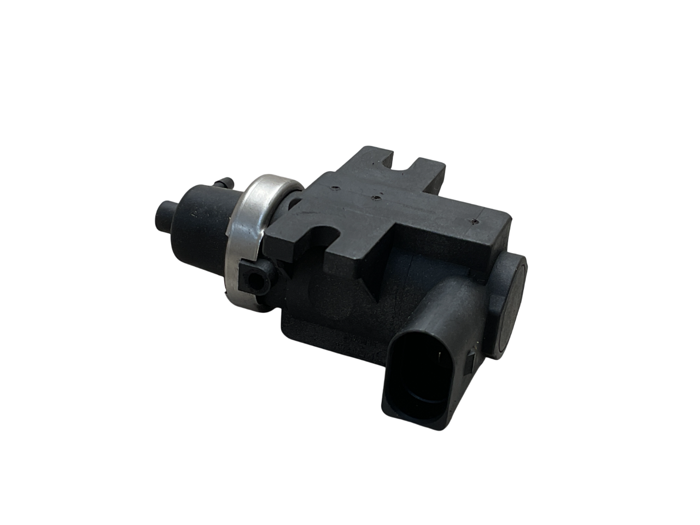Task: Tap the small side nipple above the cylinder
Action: pyautogui.click(x=222, y=180)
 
